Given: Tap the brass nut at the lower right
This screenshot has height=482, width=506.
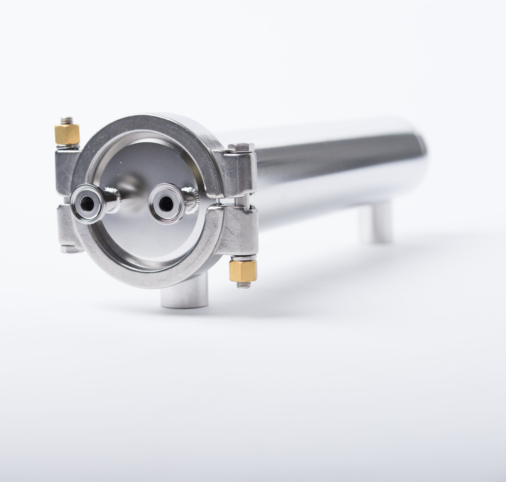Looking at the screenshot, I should [x=242, y=271].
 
